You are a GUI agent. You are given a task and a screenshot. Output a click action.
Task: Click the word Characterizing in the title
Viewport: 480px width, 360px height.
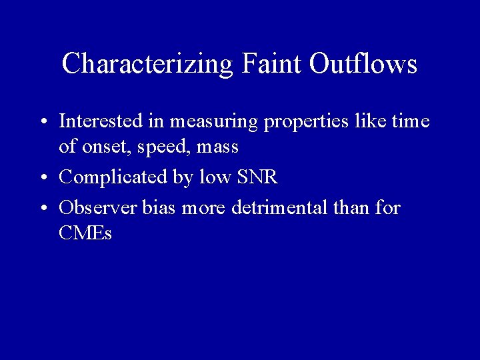click(x=147, y=64)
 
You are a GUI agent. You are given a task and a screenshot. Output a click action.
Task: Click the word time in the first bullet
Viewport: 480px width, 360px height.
click(x=411, y=121)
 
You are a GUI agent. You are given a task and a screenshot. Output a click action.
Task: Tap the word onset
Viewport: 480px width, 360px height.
click(x=99, y=147)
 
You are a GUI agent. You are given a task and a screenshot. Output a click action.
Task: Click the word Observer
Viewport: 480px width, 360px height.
click(x=99, y=208)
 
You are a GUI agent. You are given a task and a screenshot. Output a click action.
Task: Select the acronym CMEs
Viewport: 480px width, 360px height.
click(x=85, y=233)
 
